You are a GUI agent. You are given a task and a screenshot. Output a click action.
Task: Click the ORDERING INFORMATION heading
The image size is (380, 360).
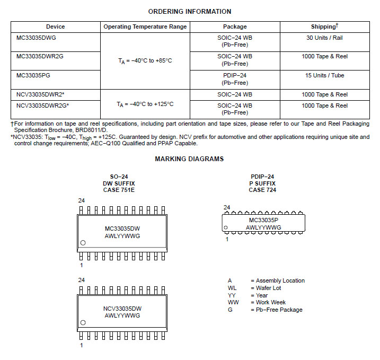click(x=189, y=12)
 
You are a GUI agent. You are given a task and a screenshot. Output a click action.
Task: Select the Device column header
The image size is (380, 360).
click(x=56, y=27)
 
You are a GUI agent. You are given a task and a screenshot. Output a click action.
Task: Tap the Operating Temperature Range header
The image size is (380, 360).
click(x=145, y=27)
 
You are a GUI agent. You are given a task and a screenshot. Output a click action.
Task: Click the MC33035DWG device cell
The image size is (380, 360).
click(x=37, y=38)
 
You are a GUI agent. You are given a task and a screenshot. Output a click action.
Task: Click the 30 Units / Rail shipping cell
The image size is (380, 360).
click(x=324, y=38)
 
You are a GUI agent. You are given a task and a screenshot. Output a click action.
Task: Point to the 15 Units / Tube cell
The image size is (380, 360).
click(x=324, y=75)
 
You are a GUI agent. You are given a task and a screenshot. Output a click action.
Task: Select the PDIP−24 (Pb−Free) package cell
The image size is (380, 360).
click(x=235, y=79)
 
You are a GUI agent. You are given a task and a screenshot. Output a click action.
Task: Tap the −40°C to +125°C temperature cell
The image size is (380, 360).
click(x=145, y=104)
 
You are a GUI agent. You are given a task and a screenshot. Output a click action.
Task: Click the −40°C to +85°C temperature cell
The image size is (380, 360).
click(x=145, y=60)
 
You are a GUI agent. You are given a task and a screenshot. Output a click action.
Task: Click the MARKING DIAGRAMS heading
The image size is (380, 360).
click(x=189, y=159)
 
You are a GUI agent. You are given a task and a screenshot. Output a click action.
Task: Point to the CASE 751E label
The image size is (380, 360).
click(x=119, y=190)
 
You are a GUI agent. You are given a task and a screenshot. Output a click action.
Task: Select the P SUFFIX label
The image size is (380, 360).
click(x=262, y=183)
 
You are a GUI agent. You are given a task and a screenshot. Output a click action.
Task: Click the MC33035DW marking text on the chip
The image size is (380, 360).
click(x=122, y=229)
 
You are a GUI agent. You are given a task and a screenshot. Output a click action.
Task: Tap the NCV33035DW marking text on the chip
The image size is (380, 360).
click(x=122, y=308)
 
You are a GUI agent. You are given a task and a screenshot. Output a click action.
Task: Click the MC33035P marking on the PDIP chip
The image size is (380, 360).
click(x=263, y=219)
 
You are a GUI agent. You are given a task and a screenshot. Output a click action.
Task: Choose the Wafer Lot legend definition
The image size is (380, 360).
click(x=268, y=288)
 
